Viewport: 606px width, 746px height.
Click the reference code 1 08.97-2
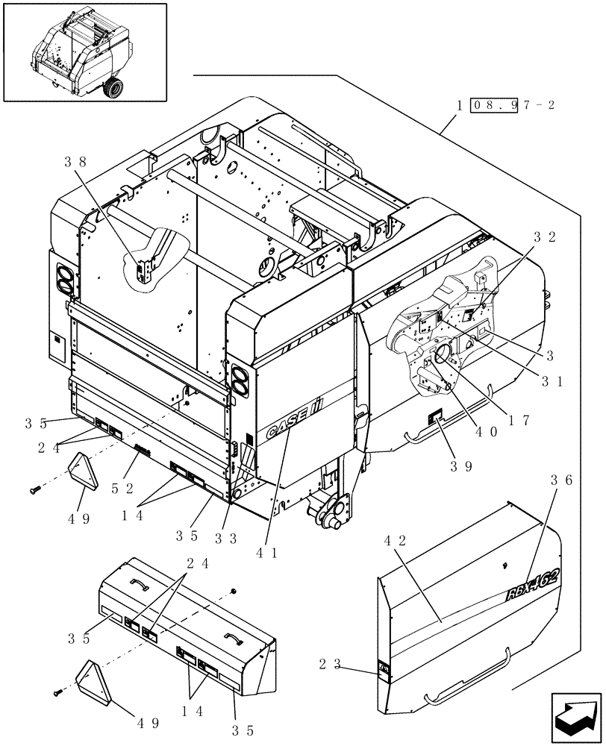[x=506, y=105]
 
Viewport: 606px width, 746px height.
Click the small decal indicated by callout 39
[x=434, y=419]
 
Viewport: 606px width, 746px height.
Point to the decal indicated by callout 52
[x=143, y=451]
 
